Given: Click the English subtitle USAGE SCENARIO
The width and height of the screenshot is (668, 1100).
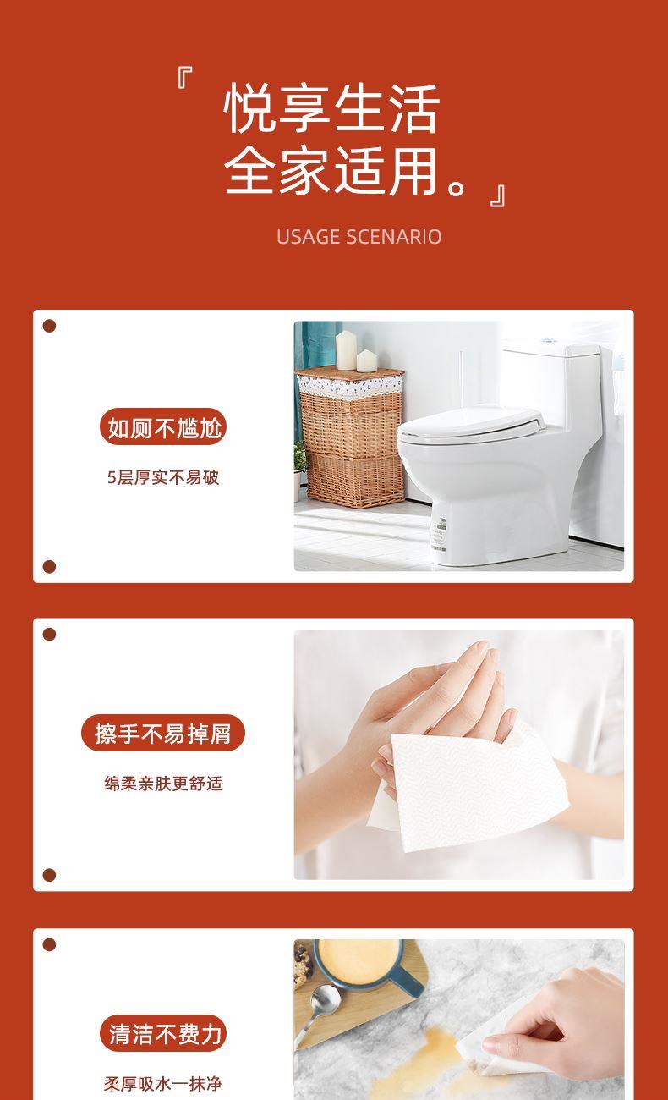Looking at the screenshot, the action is tap(359, 237).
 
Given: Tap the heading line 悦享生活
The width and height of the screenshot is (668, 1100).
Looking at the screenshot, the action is tap(331, 108).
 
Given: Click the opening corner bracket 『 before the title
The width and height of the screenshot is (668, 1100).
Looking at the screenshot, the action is tap(184, 78).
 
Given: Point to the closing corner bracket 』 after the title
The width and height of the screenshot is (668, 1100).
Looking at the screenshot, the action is tap(498, 195).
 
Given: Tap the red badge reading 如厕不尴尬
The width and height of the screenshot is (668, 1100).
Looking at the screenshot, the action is tap(163, 426).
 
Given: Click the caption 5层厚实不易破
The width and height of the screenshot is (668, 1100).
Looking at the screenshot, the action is tap(163, 477).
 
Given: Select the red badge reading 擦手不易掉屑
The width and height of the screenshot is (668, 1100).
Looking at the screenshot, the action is tap(163, 733).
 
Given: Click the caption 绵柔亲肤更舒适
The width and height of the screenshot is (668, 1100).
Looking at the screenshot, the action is tap(163, 784).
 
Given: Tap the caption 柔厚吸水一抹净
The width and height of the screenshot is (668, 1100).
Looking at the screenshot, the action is tap(163, 1083).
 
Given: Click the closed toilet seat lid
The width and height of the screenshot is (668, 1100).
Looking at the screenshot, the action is tap(471, 421).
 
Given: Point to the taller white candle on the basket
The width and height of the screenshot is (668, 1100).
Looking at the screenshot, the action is tap(346, 350).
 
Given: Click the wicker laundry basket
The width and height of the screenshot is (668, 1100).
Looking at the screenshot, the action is tap(350, 437).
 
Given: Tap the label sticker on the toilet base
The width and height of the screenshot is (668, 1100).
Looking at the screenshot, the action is tap(438, 536).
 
